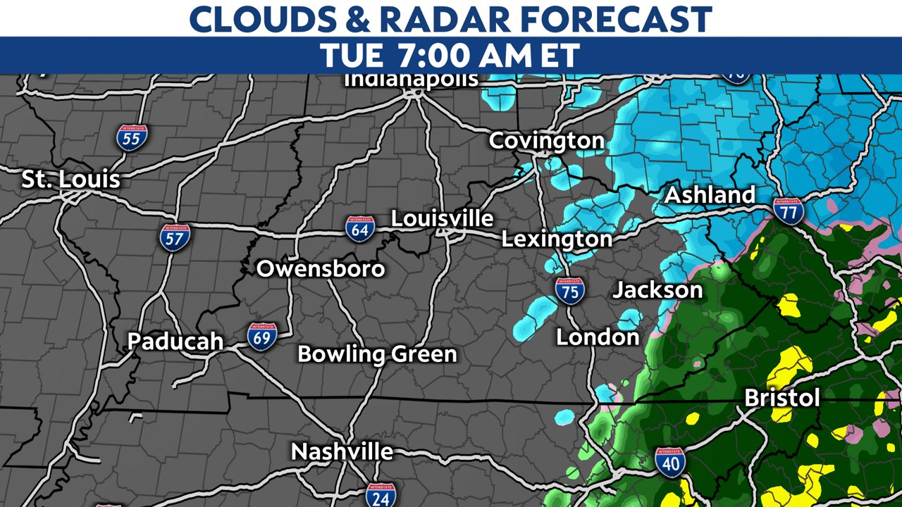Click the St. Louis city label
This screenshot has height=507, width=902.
pos(70,179)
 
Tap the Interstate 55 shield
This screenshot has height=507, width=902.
pos(132,138)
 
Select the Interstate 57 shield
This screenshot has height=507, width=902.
pos(175,238)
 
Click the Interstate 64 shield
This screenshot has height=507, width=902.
pos(359,229)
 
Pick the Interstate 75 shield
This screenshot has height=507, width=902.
pos(569,290)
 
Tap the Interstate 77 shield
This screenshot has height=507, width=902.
pos(788,210)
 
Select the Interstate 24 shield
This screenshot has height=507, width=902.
pos(381,495)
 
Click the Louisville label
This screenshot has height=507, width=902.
pos(442,218)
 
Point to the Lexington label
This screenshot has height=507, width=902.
pos(557,239)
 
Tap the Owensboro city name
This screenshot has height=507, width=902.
pos(321,268)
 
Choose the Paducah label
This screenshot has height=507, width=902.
pos(175,342)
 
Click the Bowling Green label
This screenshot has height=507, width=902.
pos(377,353)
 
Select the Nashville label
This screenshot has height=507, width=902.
pos(342,451)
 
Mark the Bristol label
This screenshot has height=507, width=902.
pos(782,398)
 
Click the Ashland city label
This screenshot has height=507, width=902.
pos(710,195)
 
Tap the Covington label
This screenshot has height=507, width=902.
pos(546,141)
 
